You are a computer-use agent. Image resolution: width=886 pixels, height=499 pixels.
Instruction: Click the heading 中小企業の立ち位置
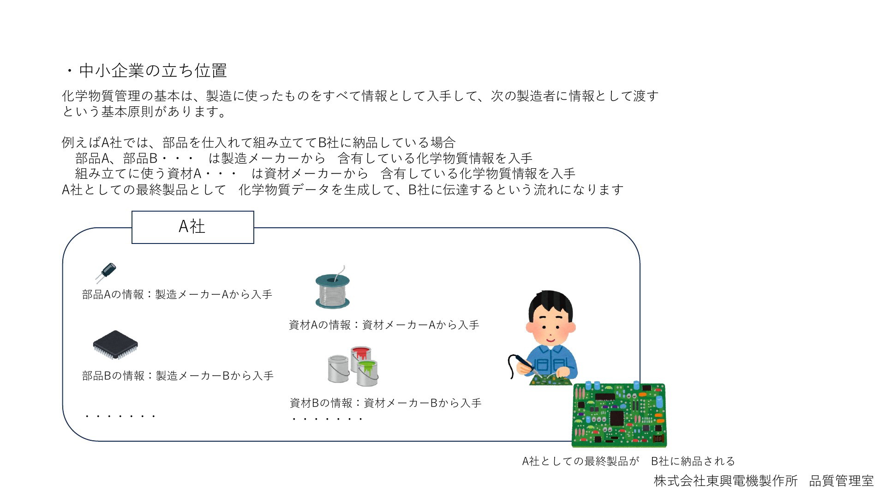click(153, 71)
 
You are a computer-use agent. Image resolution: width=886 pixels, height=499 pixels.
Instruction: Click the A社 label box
click(193, 227)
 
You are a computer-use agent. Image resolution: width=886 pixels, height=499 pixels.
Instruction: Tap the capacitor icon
click(106, 272)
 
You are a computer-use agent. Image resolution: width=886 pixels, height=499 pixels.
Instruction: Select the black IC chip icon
click(115, 345)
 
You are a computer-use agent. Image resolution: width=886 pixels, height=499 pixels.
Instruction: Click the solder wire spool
click(333, 289)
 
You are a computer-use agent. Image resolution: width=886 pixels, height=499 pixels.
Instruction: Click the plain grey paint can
click(339, 369)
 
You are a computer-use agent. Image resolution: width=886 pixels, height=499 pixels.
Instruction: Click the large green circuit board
click(619, 415)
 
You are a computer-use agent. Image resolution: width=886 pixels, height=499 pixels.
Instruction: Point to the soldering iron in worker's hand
click(521, 363)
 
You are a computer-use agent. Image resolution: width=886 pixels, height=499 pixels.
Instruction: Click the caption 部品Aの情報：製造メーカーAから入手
click(177, 294)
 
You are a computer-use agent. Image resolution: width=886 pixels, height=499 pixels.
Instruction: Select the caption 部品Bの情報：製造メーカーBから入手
click(178, 376)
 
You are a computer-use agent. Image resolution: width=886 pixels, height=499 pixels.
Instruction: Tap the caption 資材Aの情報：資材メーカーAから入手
click(384, 325)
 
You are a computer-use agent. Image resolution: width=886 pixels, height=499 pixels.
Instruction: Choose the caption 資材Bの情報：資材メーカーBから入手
click(385, 403)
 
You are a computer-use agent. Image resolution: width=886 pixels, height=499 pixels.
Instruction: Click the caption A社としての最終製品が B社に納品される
click(629, 461)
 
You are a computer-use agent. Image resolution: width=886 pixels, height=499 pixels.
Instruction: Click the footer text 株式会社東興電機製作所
click(726, 481)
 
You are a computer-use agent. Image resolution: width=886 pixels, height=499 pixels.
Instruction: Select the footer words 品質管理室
click(842, 481)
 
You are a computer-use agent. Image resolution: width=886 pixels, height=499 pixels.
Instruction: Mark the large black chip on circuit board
click(617, 418)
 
